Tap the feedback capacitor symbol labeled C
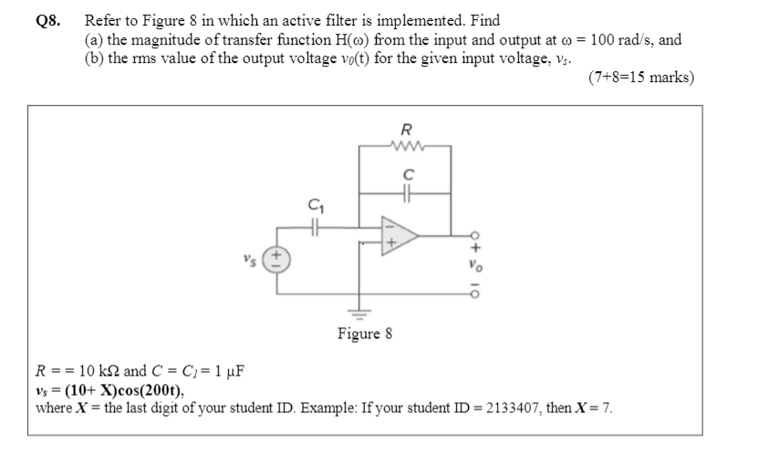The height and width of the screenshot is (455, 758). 407,192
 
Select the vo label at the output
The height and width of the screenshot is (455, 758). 474,266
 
